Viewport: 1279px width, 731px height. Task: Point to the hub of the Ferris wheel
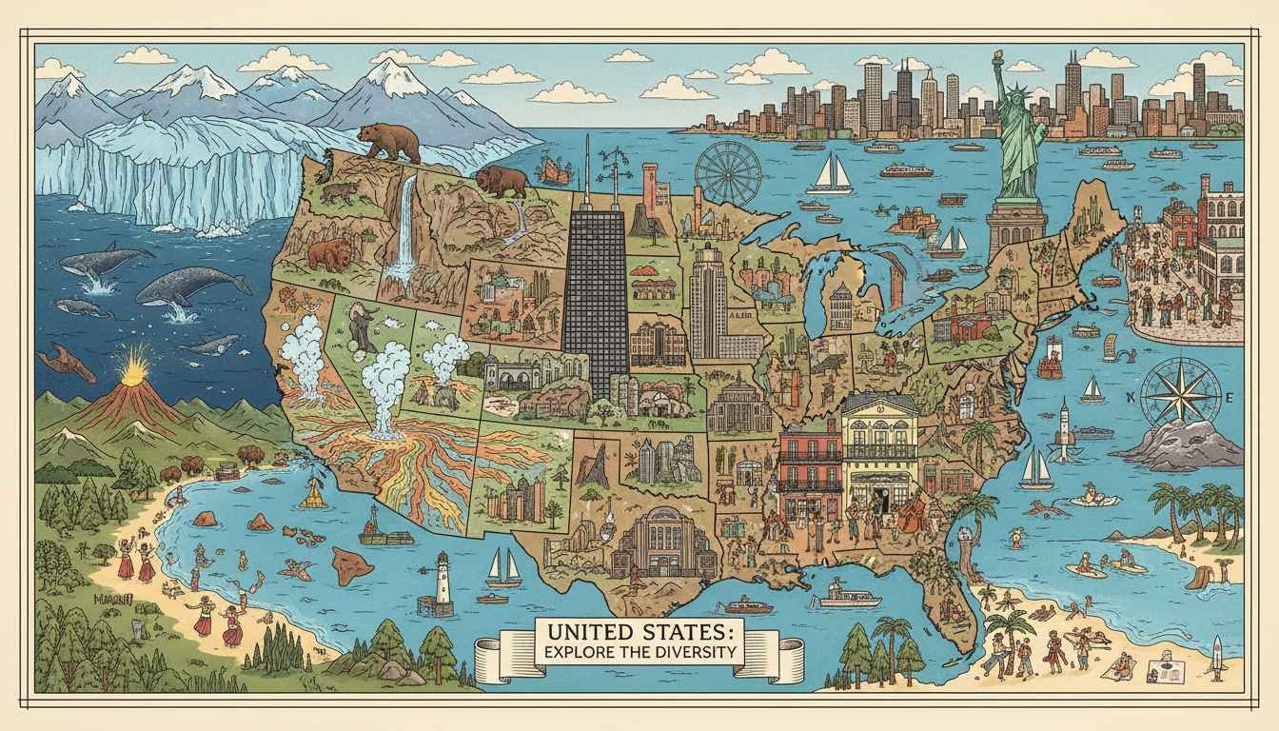point(728,173)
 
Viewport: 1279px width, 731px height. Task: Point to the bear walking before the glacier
point(392,141)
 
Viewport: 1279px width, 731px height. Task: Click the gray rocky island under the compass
point(1180,445)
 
